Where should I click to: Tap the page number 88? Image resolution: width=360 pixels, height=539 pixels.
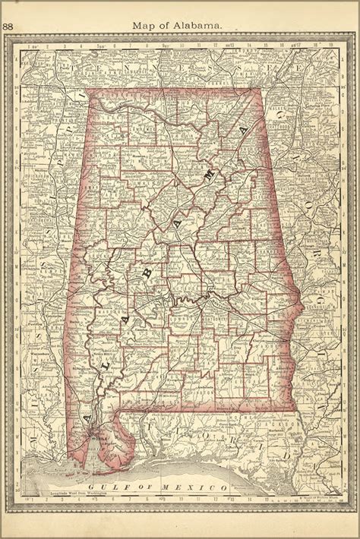pyautogui.click(x=8, y=25)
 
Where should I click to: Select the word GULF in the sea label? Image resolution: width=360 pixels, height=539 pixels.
pyautogui.click(x=100, y=485)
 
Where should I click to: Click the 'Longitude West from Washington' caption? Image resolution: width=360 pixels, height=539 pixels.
pyautogui.click(x=80, y=494)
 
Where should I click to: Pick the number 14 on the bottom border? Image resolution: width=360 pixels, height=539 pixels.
pyautogui.click(x=250, y=500)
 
